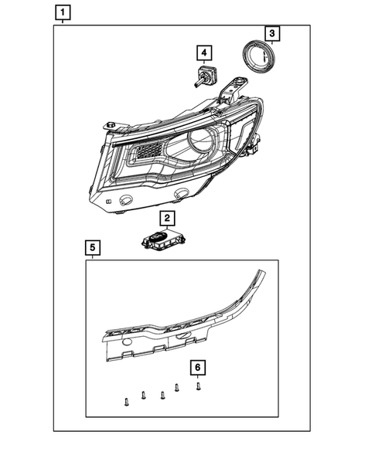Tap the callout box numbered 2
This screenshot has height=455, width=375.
[165, 218]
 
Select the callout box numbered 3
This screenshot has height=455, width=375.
[272, 33]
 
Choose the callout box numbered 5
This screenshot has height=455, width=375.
[92, 247]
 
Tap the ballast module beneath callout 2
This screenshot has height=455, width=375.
[162, 239]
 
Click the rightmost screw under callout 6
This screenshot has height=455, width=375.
[199, 385]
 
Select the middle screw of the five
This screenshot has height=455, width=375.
[162, 395]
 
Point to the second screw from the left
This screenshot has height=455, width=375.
[144, 396]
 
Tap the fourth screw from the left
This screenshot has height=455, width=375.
[177, 389]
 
